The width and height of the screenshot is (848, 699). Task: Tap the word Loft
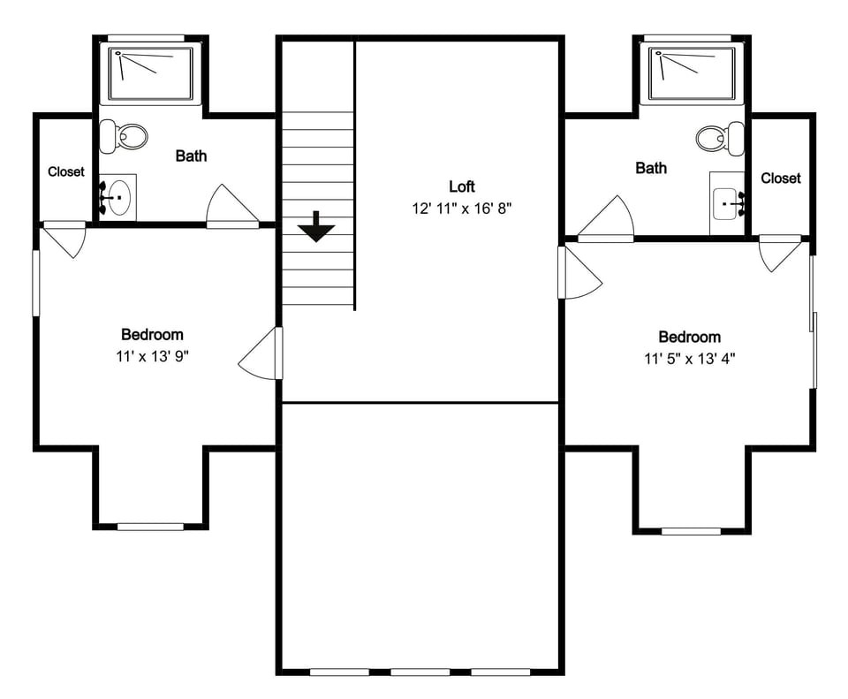coord(461,186)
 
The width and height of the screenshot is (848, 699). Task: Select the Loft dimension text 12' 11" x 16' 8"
coord(461,209)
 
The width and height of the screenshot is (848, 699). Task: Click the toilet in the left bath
coord(124,136)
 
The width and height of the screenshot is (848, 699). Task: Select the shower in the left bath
coord(150,73)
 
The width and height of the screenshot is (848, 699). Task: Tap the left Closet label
coord(66,171)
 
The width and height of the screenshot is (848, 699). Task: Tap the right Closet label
coord(781,178)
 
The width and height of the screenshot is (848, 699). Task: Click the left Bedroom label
coord(152,334)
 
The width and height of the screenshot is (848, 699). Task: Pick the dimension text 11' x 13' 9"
coord(152,356)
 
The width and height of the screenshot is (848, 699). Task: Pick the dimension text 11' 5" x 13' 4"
coord(689,358)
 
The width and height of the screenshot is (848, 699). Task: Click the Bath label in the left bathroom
coord(191,156)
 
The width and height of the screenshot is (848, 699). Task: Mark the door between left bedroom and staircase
coord(261,355)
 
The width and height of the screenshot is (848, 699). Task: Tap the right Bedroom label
coord(689,337)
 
